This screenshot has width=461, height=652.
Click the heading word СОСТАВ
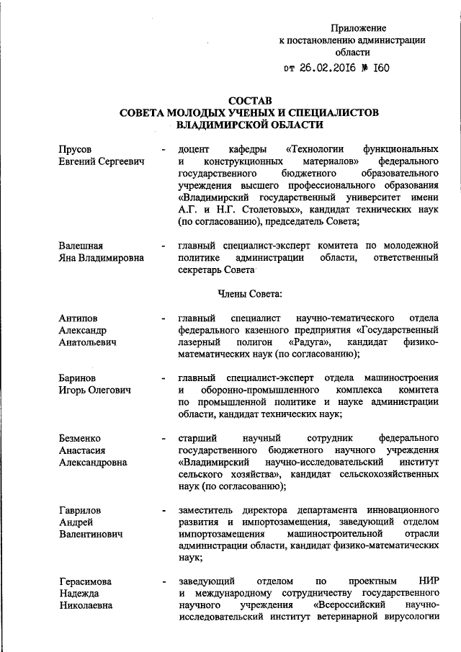tap(251, 100)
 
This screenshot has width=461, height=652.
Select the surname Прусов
tap(76, 148)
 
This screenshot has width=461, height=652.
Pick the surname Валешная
tap(81, 245)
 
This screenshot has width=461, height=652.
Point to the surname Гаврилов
tap(81, 510)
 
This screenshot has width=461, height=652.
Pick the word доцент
tap(192, 148)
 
